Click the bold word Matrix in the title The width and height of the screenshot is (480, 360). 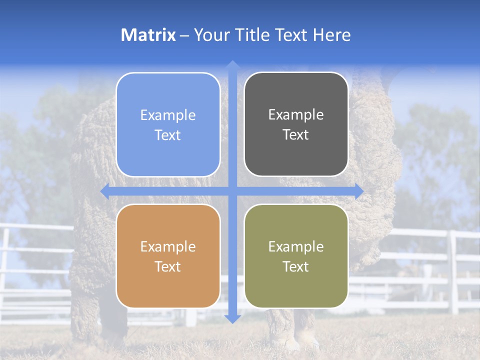point(148,35)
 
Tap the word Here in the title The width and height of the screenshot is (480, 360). point(331,35)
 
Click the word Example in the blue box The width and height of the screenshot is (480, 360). point(168,115)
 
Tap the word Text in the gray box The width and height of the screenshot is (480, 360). point(296,135)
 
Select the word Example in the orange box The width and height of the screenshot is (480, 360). point(168,247)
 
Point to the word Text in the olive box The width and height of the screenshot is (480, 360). point(296,267)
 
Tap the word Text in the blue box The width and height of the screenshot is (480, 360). point(168,135)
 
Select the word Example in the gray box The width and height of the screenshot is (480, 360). point(296,115)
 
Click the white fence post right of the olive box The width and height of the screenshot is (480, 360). point(453,272)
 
